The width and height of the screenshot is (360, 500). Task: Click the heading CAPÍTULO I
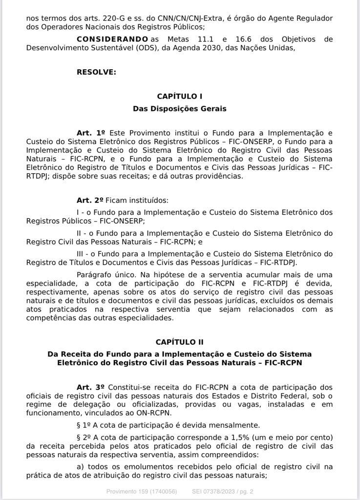point(180,97)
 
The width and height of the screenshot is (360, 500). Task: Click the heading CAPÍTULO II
point(180,342)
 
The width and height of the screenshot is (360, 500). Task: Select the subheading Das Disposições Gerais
point(180,108)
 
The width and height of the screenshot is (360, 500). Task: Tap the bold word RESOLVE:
point(96,72)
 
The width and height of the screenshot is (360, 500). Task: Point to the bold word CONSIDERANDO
point(112,39)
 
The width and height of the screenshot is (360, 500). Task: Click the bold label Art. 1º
point(91,133)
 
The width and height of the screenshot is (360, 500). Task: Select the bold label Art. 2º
point(90,200)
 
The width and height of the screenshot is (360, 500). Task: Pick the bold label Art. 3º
point(91,387)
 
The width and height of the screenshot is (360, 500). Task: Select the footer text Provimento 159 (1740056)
point(142,491)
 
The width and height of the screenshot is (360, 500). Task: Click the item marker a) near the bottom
point(81,467)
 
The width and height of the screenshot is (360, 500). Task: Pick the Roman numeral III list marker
point(82,254)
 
